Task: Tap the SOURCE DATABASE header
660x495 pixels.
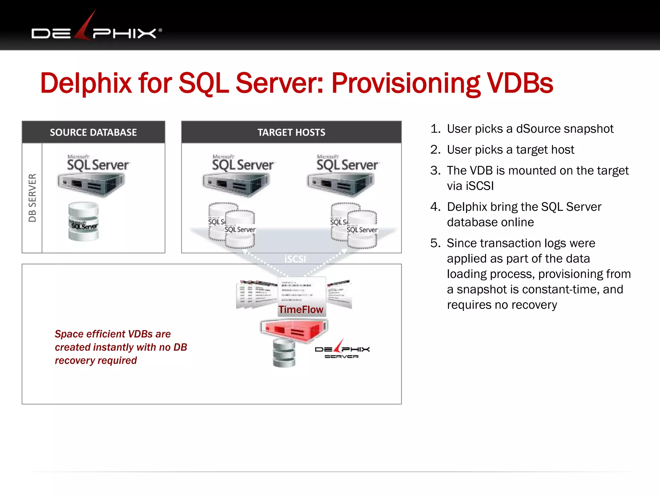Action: coord(93,132)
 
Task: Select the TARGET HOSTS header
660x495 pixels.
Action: coord(291,132)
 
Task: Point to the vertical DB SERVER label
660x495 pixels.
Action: coord(32,198)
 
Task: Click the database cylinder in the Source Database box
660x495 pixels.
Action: coord(83,222)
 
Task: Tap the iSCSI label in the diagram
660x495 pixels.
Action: coord(295,259)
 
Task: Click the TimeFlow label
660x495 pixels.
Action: coord(301,310)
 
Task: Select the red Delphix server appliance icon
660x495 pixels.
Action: coord(294,330)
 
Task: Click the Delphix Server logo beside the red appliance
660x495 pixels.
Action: coord(342,350)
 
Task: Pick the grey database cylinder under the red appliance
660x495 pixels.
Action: coord(284,354)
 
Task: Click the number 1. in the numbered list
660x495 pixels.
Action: coord(435,129)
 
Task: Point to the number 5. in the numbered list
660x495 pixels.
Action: coord(435,243)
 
